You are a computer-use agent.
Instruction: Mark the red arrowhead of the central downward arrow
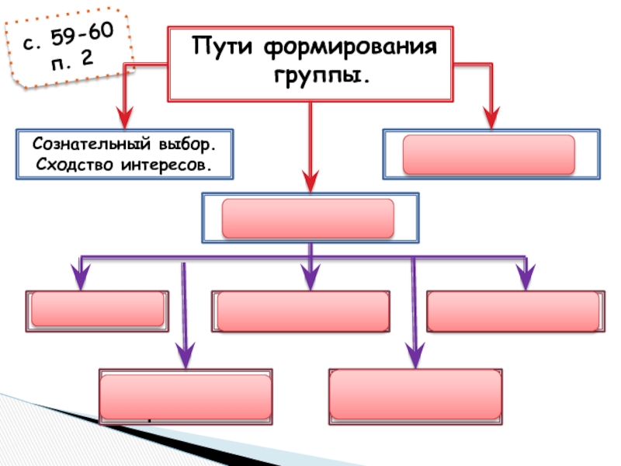tap(310, 179)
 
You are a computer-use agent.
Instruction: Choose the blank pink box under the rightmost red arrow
tap(489, 155)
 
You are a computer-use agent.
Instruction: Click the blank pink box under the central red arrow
tap(309, 218)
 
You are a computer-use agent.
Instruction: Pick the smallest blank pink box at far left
tap(98, 310)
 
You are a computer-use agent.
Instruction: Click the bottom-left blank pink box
tap(186, 395)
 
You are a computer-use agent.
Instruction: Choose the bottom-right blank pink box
tap(415, 395)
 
